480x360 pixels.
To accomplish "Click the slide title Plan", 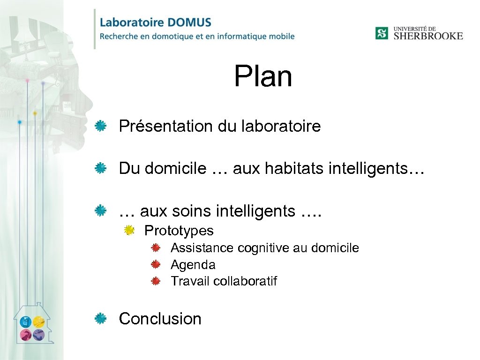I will [263, 76].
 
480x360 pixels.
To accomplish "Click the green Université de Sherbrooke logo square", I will [382, 33].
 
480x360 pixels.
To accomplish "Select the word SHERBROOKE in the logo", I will [428, 36].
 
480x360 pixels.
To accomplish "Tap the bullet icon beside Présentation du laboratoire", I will [100, 126].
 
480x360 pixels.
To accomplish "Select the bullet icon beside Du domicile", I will [100, 168].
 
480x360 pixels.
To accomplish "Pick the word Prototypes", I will [179, 231].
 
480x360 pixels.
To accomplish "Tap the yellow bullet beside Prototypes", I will [129, 230].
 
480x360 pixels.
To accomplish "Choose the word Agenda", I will [193, 265].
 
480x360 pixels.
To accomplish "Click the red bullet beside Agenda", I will [156, 264].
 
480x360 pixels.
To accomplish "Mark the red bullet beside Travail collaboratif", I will [156, 281].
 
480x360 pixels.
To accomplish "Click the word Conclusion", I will [160, 319].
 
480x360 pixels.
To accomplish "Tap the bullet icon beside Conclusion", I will [100, 319].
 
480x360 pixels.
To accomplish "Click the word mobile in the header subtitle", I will [279, 36].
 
